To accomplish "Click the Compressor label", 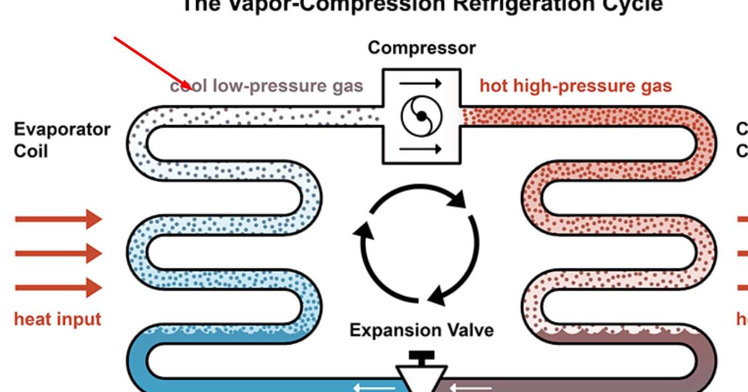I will pyautogui.click(x=421, y=48).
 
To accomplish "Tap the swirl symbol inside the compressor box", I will pyautogui.click(x=421, y=116).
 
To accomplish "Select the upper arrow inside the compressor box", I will pyautogui.click(x=421, y=84).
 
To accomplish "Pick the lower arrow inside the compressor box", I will pyautogui.click(x=421, y=149).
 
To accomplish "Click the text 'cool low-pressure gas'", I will pyautogui.click(x=267, y=86).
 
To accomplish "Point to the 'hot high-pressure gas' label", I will pyautogui.click(x=576, y=86).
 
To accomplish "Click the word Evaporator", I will pyautogui.click(x=62, y=130).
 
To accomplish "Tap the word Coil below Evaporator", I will pyautogui.click(x=31, y=151).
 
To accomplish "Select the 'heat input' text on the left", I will pyautogui.click(x=58, y=319).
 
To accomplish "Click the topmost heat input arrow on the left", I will pyautogui.click(x=58, y=219).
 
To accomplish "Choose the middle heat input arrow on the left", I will pyautogui.click(x=58, y=254).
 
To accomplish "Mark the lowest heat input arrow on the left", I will pyautogui.click(x=58, y=288).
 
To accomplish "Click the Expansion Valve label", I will pyautogui.click(x=421, y=330).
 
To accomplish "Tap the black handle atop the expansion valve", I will pyautogui.click(x=422, y=357).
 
